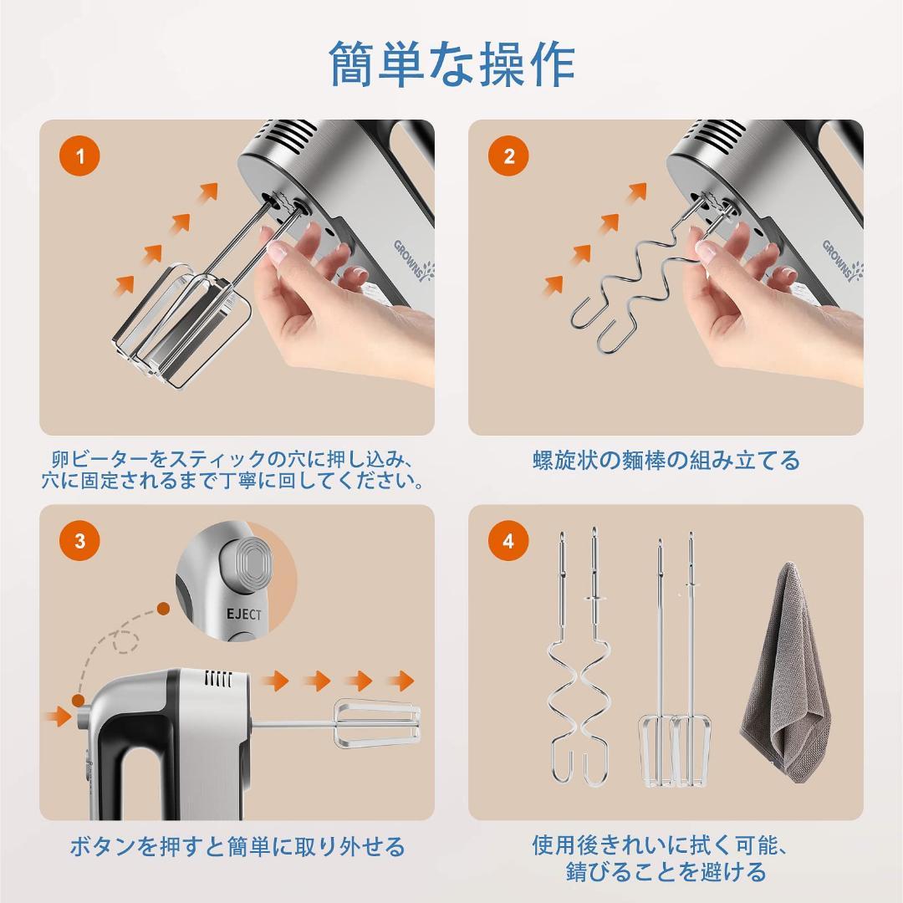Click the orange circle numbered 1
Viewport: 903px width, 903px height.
coord(80,156)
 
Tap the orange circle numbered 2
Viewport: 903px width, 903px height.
coord(508,156)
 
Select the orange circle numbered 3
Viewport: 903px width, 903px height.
coord(80,541)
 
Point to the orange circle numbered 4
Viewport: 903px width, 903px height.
coord(508,541)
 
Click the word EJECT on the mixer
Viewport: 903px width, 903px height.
coord(243,614)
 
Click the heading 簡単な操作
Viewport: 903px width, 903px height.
coord(452,64)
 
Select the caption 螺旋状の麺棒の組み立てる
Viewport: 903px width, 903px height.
coord(666,460)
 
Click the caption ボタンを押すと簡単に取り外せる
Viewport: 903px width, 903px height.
coord(237,846)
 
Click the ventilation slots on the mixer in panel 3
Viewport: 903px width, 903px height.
coord(219,679)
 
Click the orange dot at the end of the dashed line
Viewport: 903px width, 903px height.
coord(164,608)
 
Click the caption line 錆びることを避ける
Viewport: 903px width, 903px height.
coord(666,871)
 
